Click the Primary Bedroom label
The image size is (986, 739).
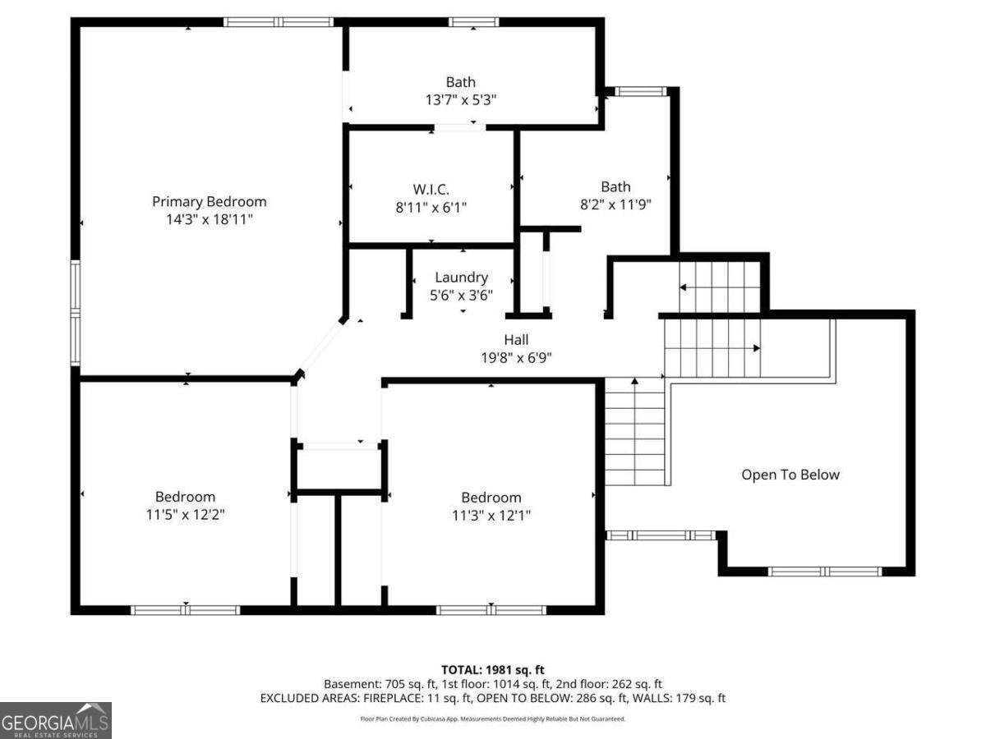(210, 202)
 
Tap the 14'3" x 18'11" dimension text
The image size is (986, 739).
(210, 219)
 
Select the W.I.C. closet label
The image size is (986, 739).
(431, 190)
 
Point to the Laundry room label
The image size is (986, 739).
(461, 278)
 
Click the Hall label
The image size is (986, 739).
(516, 340)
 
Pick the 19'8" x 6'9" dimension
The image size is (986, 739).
(516, 358)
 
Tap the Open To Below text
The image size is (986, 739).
(790, 475)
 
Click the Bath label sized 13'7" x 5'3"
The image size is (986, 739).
(460, 82)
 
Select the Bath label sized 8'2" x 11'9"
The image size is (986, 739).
(615, 186)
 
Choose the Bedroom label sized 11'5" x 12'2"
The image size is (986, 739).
(185, 497)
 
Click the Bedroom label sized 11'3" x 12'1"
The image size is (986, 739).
(491, 498)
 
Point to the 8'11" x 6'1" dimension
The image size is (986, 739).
(431, 207)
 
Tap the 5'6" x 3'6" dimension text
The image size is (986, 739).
(461, 296)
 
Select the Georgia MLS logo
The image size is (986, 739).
(56, 721)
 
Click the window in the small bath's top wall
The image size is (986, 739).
(641, 91)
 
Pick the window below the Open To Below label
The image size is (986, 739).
(825, 571)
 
